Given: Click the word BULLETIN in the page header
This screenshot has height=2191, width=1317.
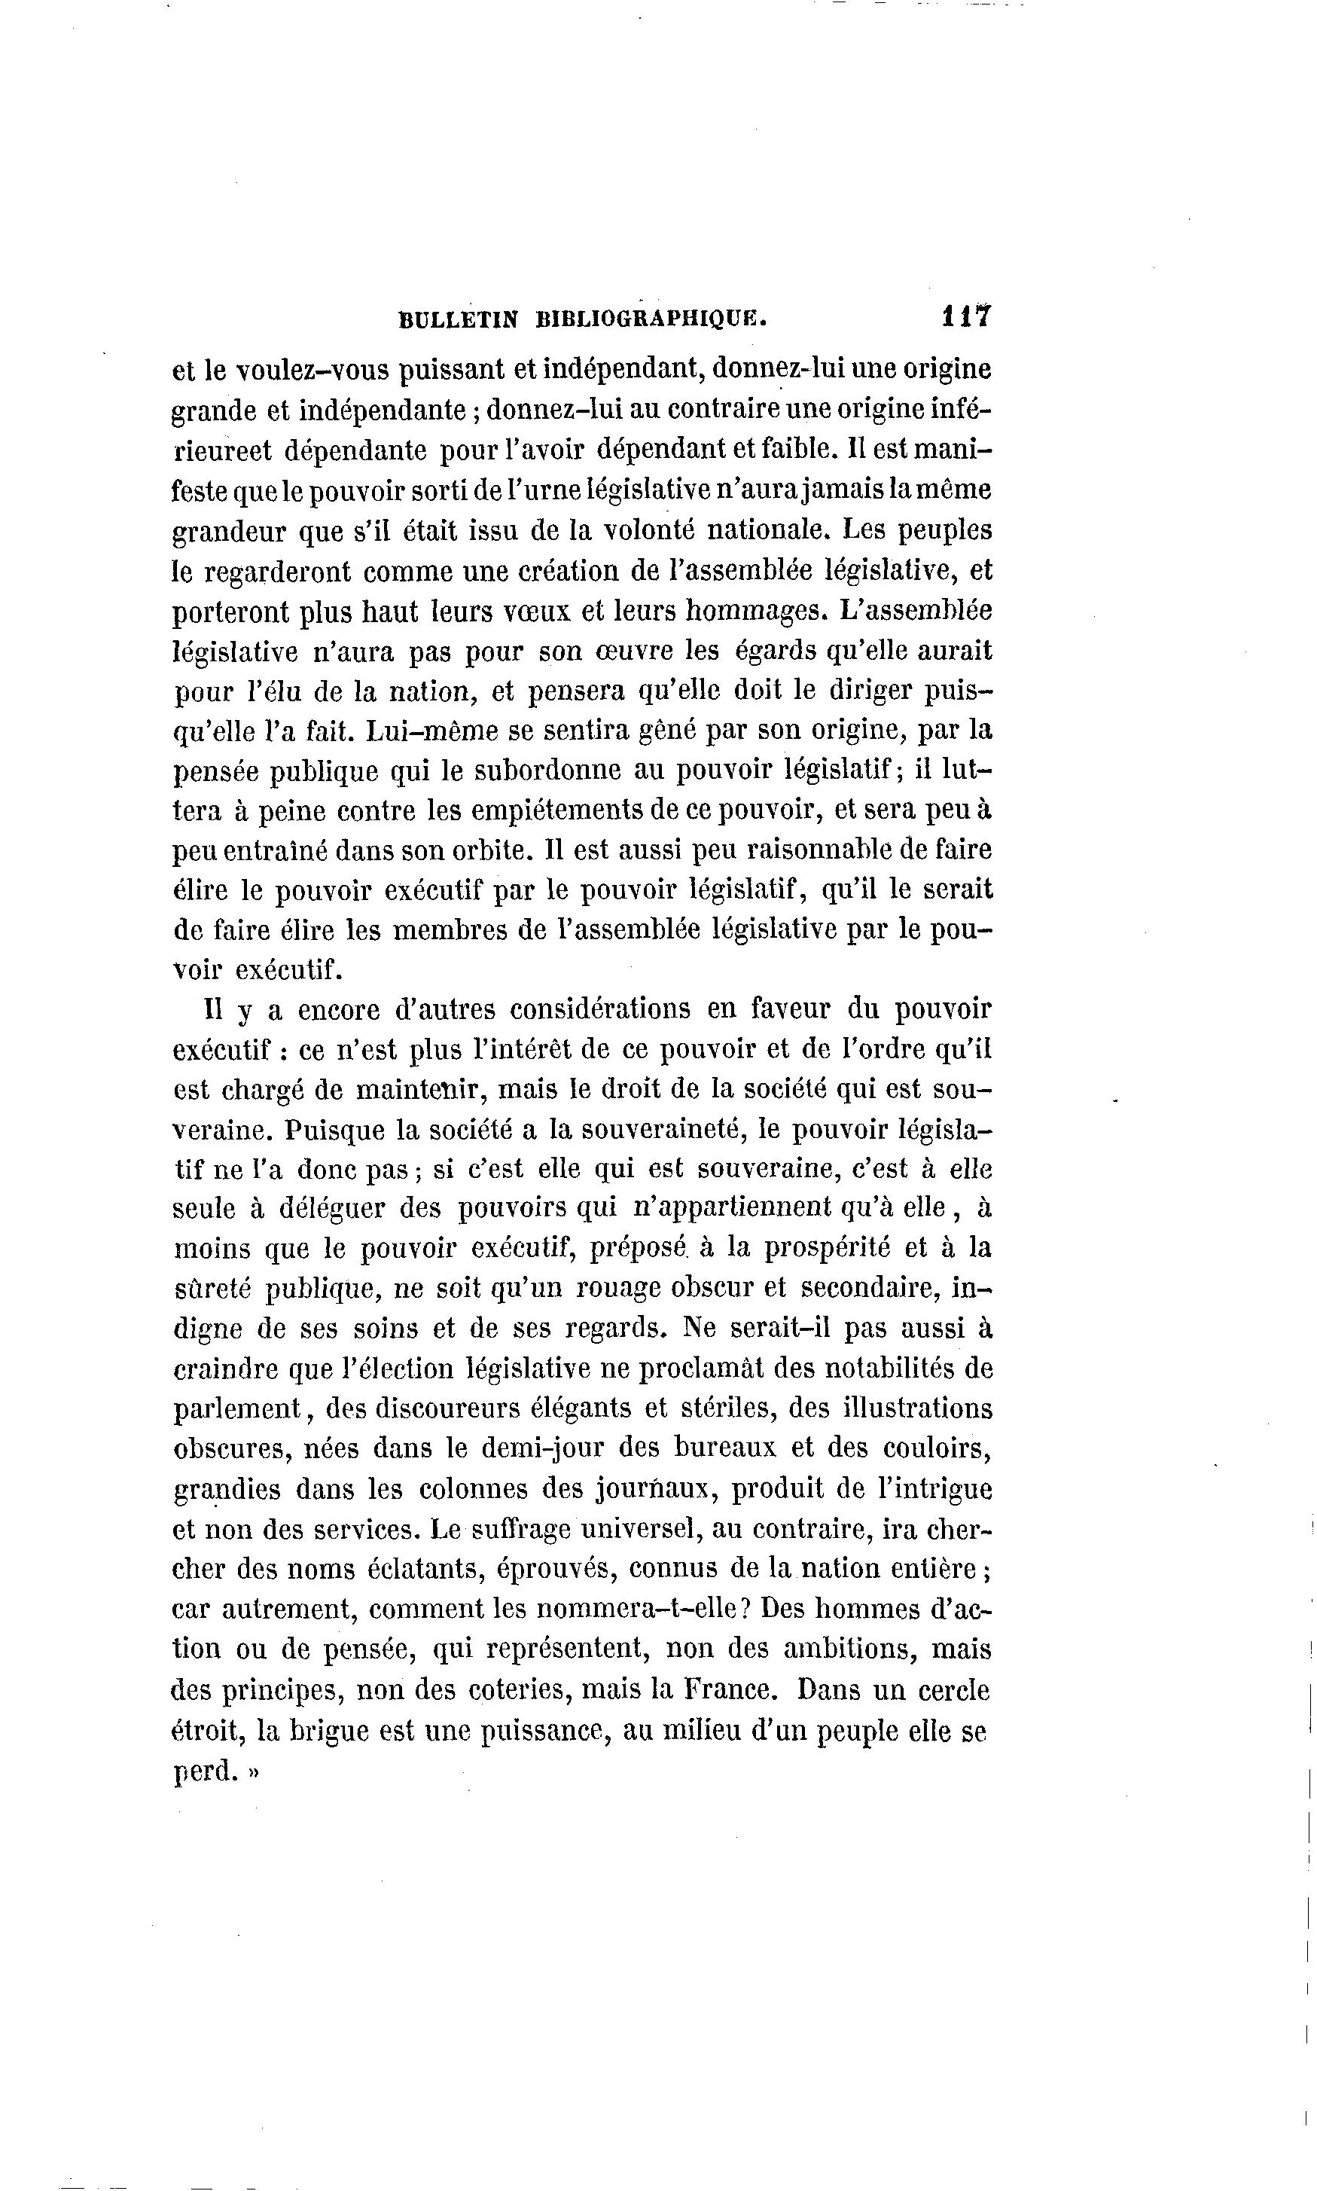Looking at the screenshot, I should coord(458,320).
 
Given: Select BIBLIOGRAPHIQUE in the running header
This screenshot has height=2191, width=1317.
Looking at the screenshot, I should coord(651,320).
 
